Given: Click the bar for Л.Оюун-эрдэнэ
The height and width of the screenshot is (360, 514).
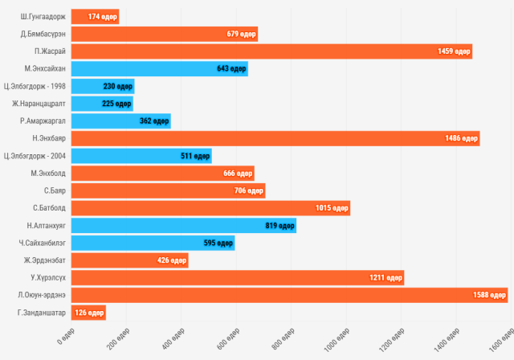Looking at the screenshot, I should click(289, 295).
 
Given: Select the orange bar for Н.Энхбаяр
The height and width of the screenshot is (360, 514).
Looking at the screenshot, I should click(275, 138).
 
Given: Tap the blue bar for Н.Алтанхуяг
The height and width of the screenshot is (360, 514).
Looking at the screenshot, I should click(183, 225).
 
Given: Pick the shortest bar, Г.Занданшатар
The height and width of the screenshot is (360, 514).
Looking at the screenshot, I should click(88, 313).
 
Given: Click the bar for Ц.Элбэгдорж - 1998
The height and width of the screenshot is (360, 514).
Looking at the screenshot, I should click(102, 86).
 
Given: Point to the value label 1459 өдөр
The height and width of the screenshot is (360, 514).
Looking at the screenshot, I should click(453, 51).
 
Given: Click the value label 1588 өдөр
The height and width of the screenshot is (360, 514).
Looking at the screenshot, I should click(489, 295).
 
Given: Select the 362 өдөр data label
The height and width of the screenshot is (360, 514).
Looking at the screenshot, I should click(153, 121).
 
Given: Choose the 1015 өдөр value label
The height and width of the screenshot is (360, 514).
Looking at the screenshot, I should click(332, 208).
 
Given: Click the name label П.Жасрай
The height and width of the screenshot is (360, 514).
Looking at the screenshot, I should click(50, 51).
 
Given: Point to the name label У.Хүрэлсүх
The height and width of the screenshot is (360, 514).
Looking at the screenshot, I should click(48, 277).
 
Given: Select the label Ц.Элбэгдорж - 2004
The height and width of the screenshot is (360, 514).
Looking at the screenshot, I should click(35, 156).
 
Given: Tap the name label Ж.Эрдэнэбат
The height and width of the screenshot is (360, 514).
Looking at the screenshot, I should click(45, 260).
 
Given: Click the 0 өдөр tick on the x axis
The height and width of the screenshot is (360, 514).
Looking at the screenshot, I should click(65, 340).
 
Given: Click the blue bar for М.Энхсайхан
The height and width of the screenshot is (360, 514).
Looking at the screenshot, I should click(159, 69).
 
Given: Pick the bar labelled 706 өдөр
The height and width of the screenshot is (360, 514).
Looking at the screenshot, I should click(168, 190).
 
